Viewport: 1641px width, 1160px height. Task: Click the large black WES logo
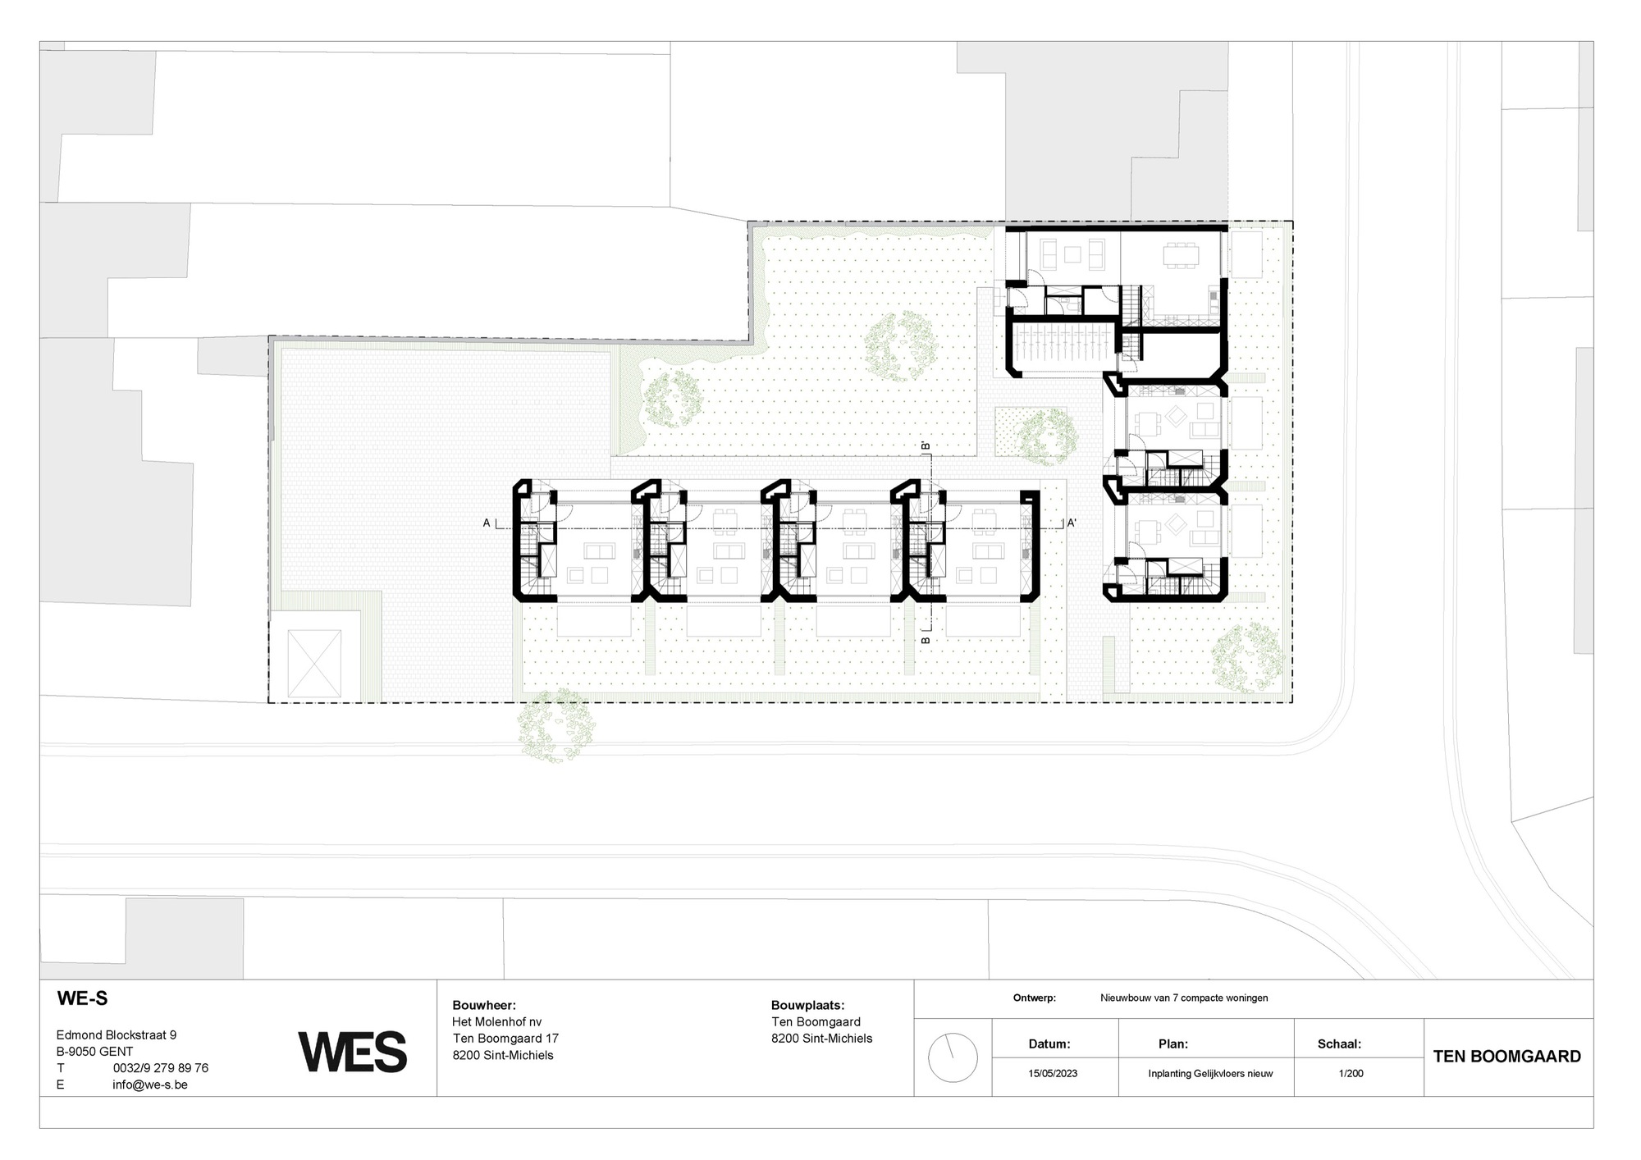(353, 1053)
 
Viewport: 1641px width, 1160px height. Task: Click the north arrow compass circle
(953, 1057)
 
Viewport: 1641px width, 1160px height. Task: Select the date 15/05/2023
(1053, 1073)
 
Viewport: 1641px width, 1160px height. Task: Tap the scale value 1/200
(1351, 1073)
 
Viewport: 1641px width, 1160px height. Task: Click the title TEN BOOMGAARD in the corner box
(1506, 1057)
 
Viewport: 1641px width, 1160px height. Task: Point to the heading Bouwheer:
(484, 1005)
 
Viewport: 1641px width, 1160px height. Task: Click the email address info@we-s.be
(150, 1085)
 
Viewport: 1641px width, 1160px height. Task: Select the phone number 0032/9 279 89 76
(161, 1068)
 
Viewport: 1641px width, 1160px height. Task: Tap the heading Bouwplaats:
(807, 1005)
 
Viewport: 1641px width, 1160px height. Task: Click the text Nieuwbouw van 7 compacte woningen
(1184, 998)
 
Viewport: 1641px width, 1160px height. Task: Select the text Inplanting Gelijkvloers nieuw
(1210, 1073)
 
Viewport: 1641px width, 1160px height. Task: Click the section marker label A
(487, 523)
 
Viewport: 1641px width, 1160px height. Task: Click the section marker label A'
(1072, 523)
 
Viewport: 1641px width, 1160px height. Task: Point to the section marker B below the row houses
(925, 639)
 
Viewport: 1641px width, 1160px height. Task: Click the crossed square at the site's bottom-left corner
(314, 664)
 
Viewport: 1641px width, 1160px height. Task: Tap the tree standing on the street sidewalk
(555, 726)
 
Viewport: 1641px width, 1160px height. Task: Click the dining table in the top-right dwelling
(1182, 257)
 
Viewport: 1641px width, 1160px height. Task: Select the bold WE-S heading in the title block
(82, 998)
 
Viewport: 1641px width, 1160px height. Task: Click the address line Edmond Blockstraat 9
(116, 1035)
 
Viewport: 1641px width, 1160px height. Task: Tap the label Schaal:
(1339, 1044)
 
